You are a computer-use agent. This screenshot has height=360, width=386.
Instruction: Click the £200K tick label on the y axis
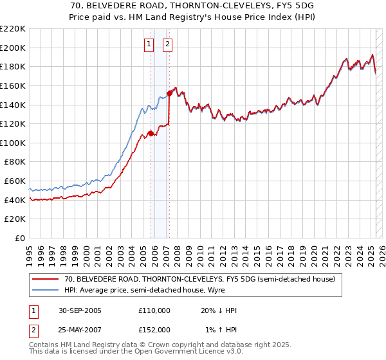tap(14, 48)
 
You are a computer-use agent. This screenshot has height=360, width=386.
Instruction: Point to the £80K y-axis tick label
tap(15, 162)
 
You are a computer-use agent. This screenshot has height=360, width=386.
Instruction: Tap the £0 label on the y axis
tap(21, 239)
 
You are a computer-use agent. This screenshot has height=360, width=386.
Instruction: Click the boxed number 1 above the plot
tap(149, 44)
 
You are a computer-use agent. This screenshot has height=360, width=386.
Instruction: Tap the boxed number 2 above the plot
tap(167, 44)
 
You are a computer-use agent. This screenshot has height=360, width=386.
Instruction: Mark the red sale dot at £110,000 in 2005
tap(151, 134)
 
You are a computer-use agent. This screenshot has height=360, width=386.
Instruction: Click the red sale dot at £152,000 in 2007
tap(169, 93)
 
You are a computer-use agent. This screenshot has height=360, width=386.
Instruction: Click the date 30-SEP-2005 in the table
tap(80, 310)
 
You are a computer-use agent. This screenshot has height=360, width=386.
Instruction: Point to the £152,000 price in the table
tap(154, 329)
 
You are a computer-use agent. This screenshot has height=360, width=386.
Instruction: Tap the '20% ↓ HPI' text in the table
tap(219, 310)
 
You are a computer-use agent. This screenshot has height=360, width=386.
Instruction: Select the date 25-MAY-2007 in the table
tap(80, 329)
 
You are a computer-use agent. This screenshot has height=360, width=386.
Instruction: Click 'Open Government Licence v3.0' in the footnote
tap(172, 353)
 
